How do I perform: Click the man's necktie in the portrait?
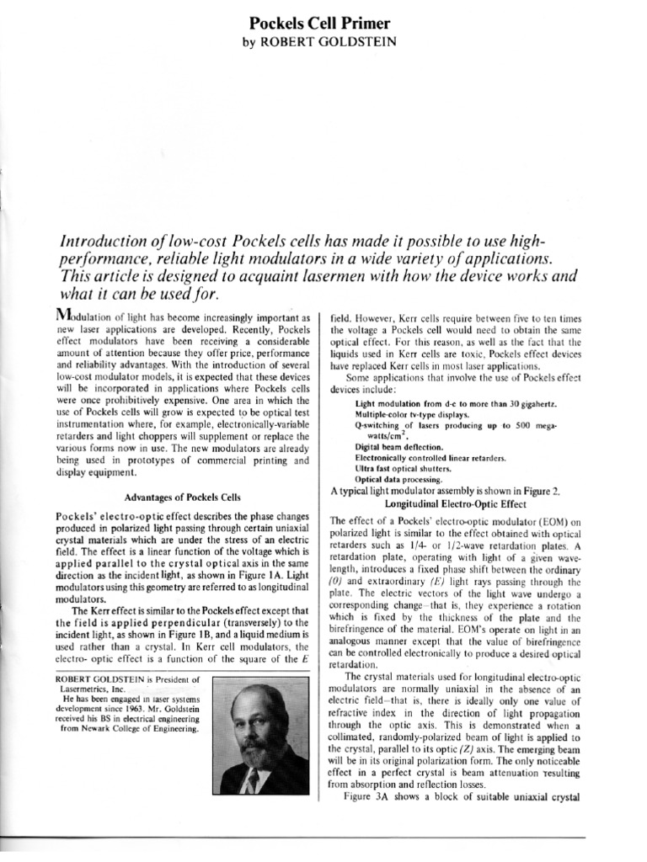(x=253, y=780)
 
